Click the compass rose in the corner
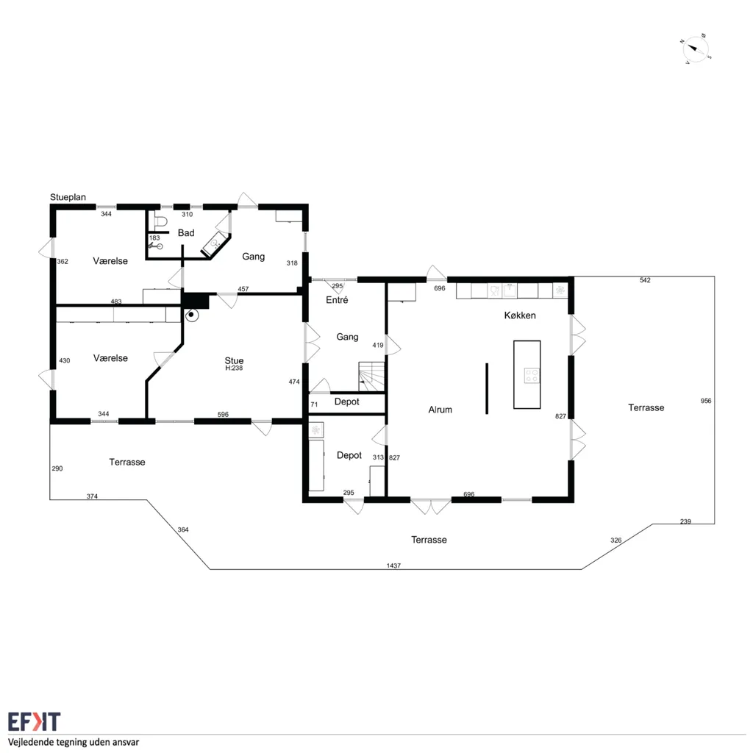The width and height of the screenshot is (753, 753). coord(696,49)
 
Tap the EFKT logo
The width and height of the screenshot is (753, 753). coord(34,721)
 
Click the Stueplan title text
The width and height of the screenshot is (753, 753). coord(68,197)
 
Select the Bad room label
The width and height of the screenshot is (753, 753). coord(186,233)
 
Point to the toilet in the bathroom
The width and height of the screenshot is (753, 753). coord(160,221)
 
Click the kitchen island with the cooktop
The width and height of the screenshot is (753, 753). coord(527,374)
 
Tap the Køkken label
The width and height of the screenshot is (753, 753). coord(520,315)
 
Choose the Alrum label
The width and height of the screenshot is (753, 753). coord(440,410)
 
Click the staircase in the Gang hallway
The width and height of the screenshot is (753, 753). coord(371,377)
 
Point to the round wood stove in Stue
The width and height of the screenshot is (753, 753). coord(192,315)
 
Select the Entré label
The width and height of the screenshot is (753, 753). coord(337,300)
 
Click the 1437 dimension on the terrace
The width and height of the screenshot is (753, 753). coord(393,565)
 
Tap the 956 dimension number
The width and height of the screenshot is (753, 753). coord(705,401)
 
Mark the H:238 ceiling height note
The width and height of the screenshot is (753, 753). coord(234,368)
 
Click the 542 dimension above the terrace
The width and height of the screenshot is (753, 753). coord(645,280)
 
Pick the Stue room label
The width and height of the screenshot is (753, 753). coord(234,360)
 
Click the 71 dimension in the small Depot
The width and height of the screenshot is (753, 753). coord(314,404)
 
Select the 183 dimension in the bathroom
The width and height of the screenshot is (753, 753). coord(154,238)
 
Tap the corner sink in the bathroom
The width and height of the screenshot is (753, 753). coord(214,244)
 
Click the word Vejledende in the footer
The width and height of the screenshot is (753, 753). coord(31,742)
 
